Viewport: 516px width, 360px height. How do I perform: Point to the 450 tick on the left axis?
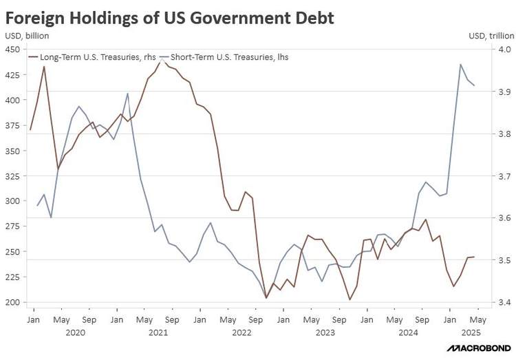coord(14,50)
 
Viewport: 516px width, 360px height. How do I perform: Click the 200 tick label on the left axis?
coord(14,302)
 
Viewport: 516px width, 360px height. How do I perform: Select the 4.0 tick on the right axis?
coord(502,50)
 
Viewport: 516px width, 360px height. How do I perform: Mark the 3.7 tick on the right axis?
coord(502,176)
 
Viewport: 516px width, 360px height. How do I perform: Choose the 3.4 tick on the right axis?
coord(502,302)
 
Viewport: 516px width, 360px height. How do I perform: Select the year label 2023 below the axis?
coord(325,333)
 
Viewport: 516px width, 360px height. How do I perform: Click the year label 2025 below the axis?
coord(471,333)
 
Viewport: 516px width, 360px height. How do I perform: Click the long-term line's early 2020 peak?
coord(44,66)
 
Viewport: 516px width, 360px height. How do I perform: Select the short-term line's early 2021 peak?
coord(128,93)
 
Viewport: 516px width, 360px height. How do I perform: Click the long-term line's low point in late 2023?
coord(350,299)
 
